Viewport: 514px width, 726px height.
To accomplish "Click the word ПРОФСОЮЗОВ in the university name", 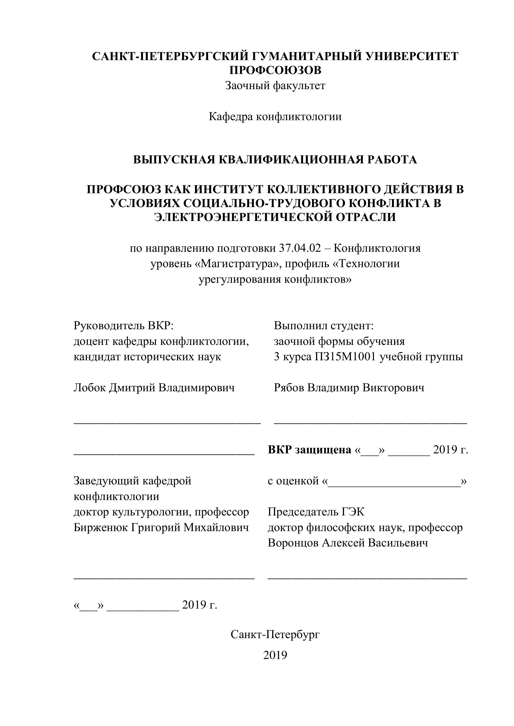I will point(275,70).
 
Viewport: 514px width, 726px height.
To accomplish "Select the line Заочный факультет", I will point(275,85).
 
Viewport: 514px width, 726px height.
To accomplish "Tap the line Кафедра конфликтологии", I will point(275,117).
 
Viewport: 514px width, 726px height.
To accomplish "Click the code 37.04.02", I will point(300,248).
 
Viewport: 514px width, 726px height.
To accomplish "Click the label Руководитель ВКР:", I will point(124,325).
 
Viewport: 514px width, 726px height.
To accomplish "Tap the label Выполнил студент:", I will point(324,325).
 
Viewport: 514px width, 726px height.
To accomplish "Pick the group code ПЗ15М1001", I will point(345,357).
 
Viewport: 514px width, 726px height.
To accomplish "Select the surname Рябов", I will point(289,388).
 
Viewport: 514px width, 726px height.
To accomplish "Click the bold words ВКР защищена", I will point(309,450).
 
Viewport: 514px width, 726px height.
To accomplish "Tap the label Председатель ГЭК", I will point(316,512).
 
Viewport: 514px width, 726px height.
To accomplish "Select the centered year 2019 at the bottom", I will point(275,655).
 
